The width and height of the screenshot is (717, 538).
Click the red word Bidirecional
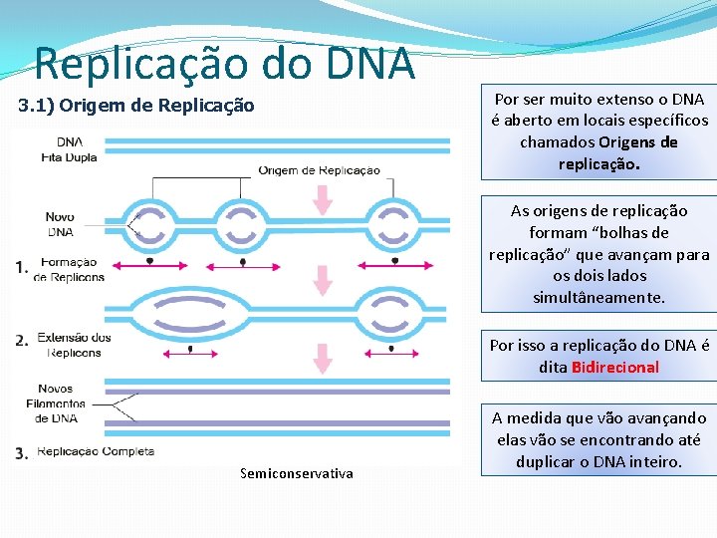click(x=614, y=367)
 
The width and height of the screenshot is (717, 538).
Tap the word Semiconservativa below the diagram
click(x=297, y=473)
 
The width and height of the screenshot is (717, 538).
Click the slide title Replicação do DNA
click(x=224, y=64)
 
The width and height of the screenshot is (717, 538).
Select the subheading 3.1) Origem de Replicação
click(x=137, y=106)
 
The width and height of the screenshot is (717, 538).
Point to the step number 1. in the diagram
click(x=22, y=267)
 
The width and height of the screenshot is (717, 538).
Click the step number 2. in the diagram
click(x=22, y=341)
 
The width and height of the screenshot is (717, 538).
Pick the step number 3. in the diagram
click(x=22, y=453)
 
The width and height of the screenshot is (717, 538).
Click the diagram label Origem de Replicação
click(x=319, y=170)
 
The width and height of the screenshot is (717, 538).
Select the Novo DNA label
click(x=60, y=224)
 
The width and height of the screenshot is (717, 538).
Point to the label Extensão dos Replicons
click(x=74, y=345)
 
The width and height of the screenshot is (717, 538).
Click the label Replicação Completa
click(x=96, y=451)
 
